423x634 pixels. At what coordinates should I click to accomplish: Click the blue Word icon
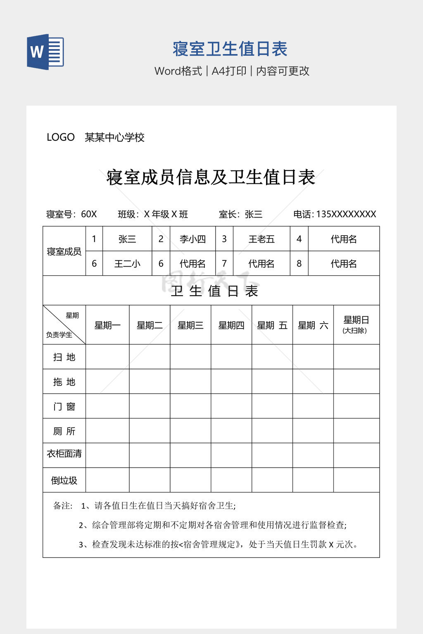tap(45, 52)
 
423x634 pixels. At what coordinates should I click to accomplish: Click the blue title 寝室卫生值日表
tap(230, 49)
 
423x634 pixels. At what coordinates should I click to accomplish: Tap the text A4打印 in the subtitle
tap(229, 71)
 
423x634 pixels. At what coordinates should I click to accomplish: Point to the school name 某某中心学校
tap(114, 137)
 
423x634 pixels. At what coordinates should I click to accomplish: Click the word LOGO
tap(60, 137)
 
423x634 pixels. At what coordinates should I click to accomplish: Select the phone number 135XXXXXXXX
tap(346, 214)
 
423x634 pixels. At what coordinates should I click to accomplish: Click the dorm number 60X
tap(89, 214)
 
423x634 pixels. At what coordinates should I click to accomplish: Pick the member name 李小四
tap(192, 239)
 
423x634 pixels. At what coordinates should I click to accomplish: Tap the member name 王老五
tap(261, 239)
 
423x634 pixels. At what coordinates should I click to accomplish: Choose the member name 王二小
tap(127, 264)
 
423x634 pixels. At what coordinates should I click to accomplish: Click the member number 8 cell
tap(299, 264)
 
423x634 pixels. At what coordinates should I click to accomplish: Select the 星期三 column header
tap(190, 325)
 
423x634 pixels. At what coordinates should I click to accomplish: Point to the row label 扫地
tap(64, 357)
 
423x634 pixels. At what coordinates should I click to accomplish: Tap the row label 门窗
tap(64, 407)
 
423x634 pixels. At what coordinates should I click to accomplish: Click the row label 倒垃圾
tap(64, 480)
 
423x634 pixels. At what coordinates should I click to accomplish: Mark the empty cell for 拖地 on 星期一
tap(107, 381)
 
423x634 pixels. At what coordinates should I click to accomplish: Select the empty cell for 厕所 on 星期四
tap(231, 431)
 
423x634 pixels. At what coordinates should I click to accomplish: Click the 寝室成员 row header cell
tap(64, 251)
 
